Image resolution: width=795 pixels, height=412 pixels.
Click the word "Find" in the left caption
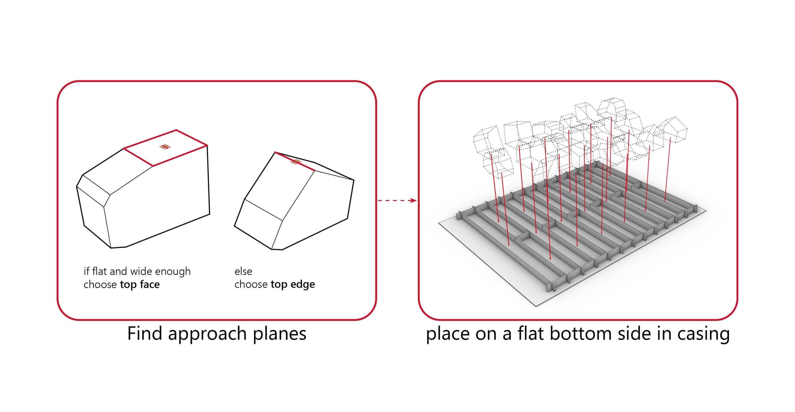(x=144, y=333)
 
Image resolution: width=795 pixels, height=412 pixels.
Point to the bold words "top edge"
(x=293, y=284)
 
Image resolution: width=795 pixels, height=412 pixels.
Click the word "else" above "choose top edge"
(x=243, y=272)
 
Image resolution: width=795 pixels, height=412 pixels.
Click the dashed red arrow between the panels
(x=397, y=200)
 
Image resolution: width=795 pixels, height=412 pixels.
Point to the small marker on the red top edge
(x=296, y=161)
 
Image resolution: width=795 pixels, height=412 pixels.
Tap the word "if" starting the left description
(x=86, y=272)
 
